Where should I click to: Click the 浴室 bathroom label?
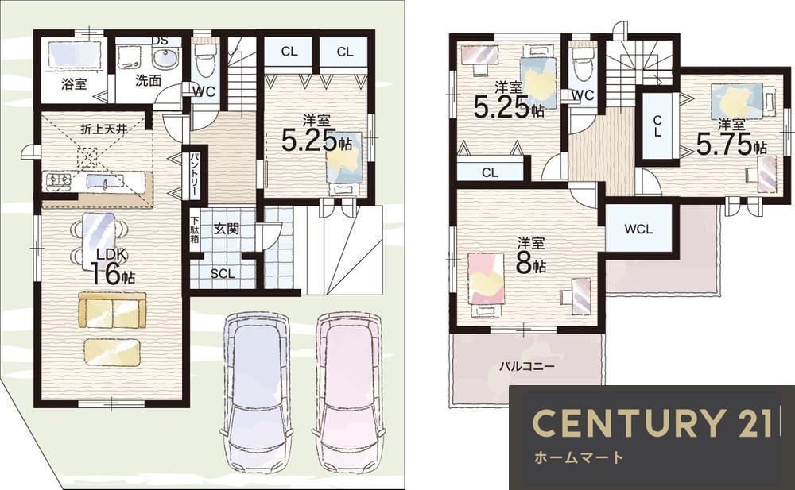click(74, 83)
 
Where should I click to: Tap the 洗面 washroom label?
click(148, 80)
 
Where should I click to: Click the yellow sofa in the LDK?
click(112, 310)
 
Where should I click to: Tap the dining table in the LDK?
click(99, 240)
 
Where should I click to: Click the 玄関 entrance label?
click(226, 229)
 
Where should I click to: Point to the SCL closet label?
click(223, 274)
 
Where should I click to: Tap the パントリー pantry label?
click(194, 174)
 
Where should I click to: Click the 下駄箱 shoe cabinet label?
click(195, 230)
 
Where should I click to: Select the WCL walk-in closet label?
click(638, 229)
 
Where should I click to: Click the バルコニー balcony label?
click(527, 366)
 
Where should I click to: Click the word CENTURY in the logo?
click(626, 422)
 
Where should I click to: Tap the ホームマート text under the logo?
click(579, 457)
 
